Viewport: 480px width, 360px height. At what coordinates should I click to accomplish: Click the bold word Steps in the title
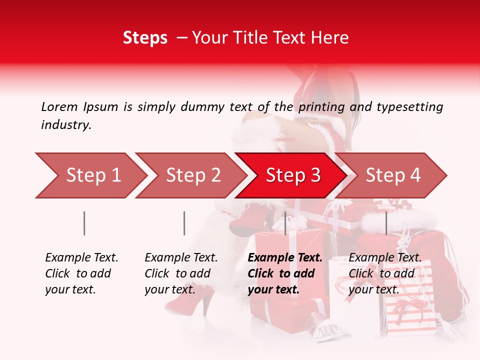pos(145,38)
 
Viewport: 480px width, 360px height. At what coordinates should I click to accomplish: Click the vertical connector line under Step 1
pos(84,223)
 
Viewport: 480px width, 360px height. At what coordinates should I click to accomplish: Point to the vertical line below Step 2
pos(184,223)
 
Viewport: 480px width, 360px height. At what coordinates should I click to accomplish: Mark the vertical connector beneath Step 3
pos(285,223)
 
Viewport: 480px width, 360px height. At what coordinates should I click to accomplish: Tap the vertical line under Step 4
pos(386,223)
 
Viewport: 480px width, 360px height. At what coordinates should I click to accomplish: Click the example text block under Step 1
pos(81,273)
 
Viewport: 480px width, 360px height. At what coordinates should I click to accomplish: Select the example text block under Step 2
pos(181,273)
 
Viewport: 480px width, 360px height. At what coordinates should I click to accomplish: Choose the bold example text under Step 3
pos(285,273)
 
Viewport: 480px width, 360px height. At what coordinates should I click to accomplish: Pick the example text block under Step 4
pos(385,273)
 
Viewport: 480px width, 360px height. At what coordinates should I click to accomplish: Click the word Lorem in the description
pos(59,106)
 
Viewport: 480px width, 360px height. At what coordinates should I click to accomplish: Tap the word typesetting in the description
pos(409,106)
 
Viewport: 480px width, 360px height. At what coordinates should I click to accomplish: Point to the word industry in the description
pos(66,125)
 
